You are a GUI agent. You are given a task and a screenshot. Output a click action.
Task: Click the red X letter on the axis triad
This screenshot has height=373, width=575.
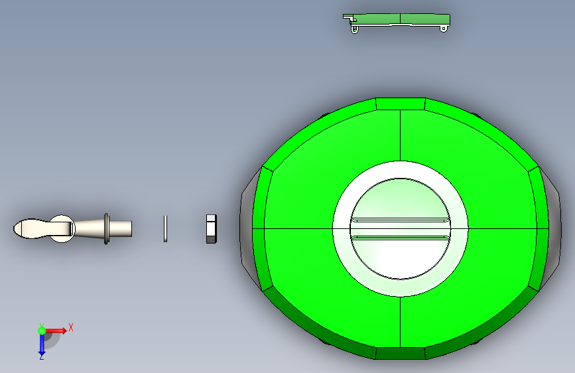click(x=71, y=327)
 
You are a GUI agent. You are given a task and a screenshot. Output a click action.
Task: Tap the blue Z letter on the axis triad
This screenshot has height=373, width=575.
click(x=41, y=356)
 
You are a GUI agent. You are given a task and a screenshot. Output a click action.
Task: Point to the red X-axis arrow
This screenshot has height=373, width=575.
click(x=56, y=331)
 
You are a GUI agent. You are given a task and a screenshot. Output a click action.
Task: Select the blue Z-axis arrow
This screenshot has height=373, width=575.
click(x=42, y=344)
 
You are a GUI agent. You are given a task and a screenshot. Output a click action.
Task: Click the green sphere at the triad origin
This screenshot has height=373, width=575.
click(x=42, y=331)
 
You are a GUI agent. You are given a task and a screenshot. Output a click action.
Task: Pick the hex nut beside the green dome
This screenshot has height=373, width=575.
click(x=211, y=229)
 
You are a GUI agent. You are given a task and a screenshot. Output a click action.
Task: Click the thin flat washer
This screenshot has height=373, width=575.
click(x=165, y=229)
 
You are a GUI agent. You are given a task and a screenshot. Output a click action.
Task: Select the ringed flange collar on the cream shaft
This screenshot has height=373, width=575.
click(x=106, y=229)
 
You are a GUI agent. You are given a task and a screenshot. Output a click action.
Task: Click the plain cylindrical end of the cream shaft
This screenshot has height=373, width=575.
click(x=121, y=229)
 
